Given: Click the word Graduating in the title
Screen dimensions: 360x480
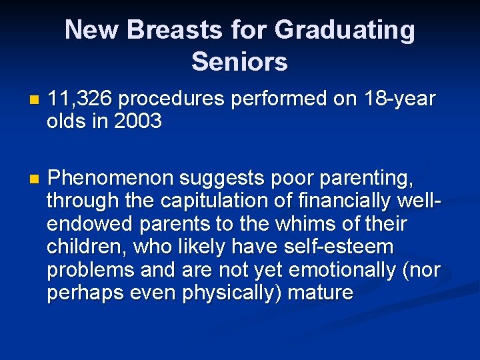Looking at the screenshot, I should (x=344, y=31).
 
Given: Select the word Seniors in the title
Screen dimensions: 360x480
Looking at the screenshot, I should (x=239, y=61).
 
